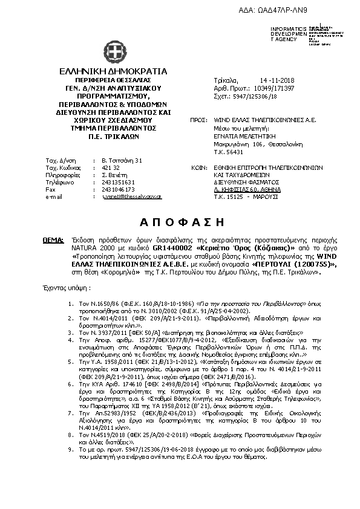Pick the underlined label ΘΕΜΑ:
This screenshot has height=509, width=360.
(53, 240)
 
